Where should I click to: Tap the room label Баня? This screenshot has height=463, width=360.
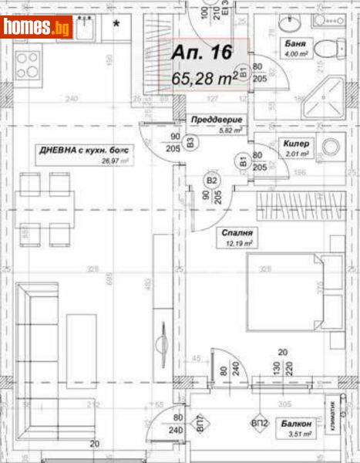pyautogui.click(x=291, y=44)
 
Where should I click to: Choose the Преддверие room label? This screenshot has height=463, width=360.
pyautogui.click(x=217, y=120)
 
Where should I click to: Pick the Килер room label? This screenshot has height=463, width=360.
pyautogui.click(x=296, y=144)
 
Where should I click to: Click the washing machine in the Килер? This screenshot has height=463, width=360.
pyautogui.click(x=332, y=147)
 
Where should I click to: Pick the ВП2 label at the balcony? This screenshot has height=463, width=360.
pyautogui.click(x=259, y=424)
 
